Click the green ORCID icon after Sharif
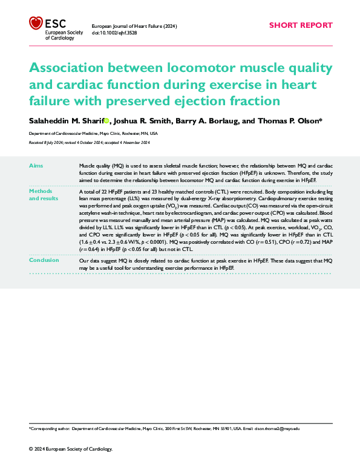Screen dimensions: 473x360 tap(107, 121)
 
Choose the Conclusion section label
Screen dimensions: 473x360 tap(44, 260)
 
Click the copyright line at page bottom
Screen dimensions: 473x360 tap(71, 449)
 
